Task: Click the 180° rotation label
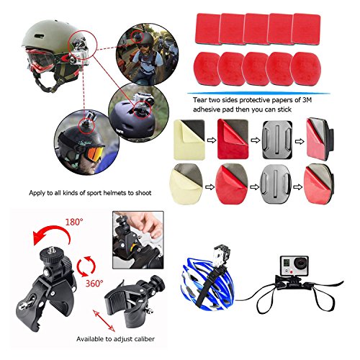[x=74, y=222]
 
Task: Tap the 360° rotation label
[x=94, y=284]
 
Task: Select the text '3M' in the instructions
[x=307, y=100]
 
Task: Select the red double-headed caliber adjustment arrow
[x=104, y=320]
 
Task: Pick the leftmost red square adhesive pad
[x=208, y=28]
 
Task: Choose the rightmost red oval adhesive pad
[x=306, y=68]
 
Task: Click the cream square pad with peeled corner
[x=189, y=140]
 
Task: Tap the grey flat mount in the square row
[x=277, y=140]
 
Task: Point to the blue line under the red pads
[x=258, y=93]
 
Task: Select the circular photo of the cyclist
[x=147, y=54]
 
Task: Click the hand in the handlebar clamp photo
[x=144, y=224]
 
